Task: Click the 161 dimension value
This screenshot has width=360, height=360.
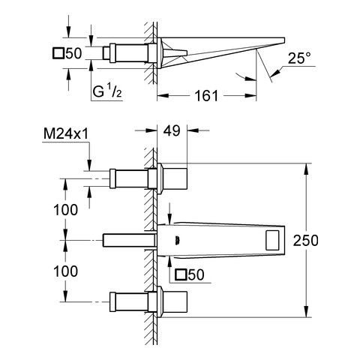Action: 206,96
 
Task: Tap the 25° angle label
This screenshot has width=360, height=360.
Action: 299,58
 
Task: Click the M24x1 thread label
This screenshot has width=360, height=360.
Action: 66,134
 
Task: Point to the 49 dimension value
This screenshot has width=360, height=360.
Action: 172,130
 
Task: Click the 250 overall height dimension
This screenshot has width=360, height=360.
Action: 306,241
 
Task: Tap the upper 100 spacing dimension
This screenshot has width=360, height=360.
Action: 66,210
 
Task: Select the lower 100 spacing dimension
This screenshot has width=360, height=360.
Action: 66,271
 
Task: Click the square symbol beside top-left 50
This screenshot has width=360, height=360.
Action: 58,53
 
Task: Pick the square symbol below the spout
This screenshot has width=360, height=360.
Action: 181,274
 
